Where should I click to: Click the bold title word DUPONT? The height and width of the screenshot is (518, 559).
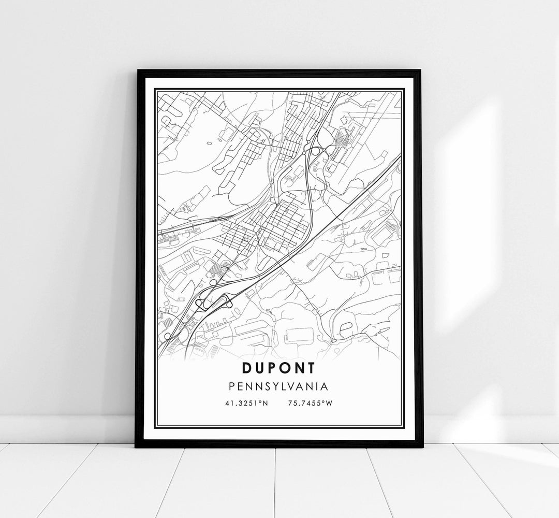point(279,368)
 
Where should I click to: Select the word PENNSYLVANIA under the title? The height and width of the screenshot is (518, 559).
point(279,387)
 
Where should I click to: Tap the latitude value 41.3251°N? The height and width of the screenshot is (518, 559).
point(246,404)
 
